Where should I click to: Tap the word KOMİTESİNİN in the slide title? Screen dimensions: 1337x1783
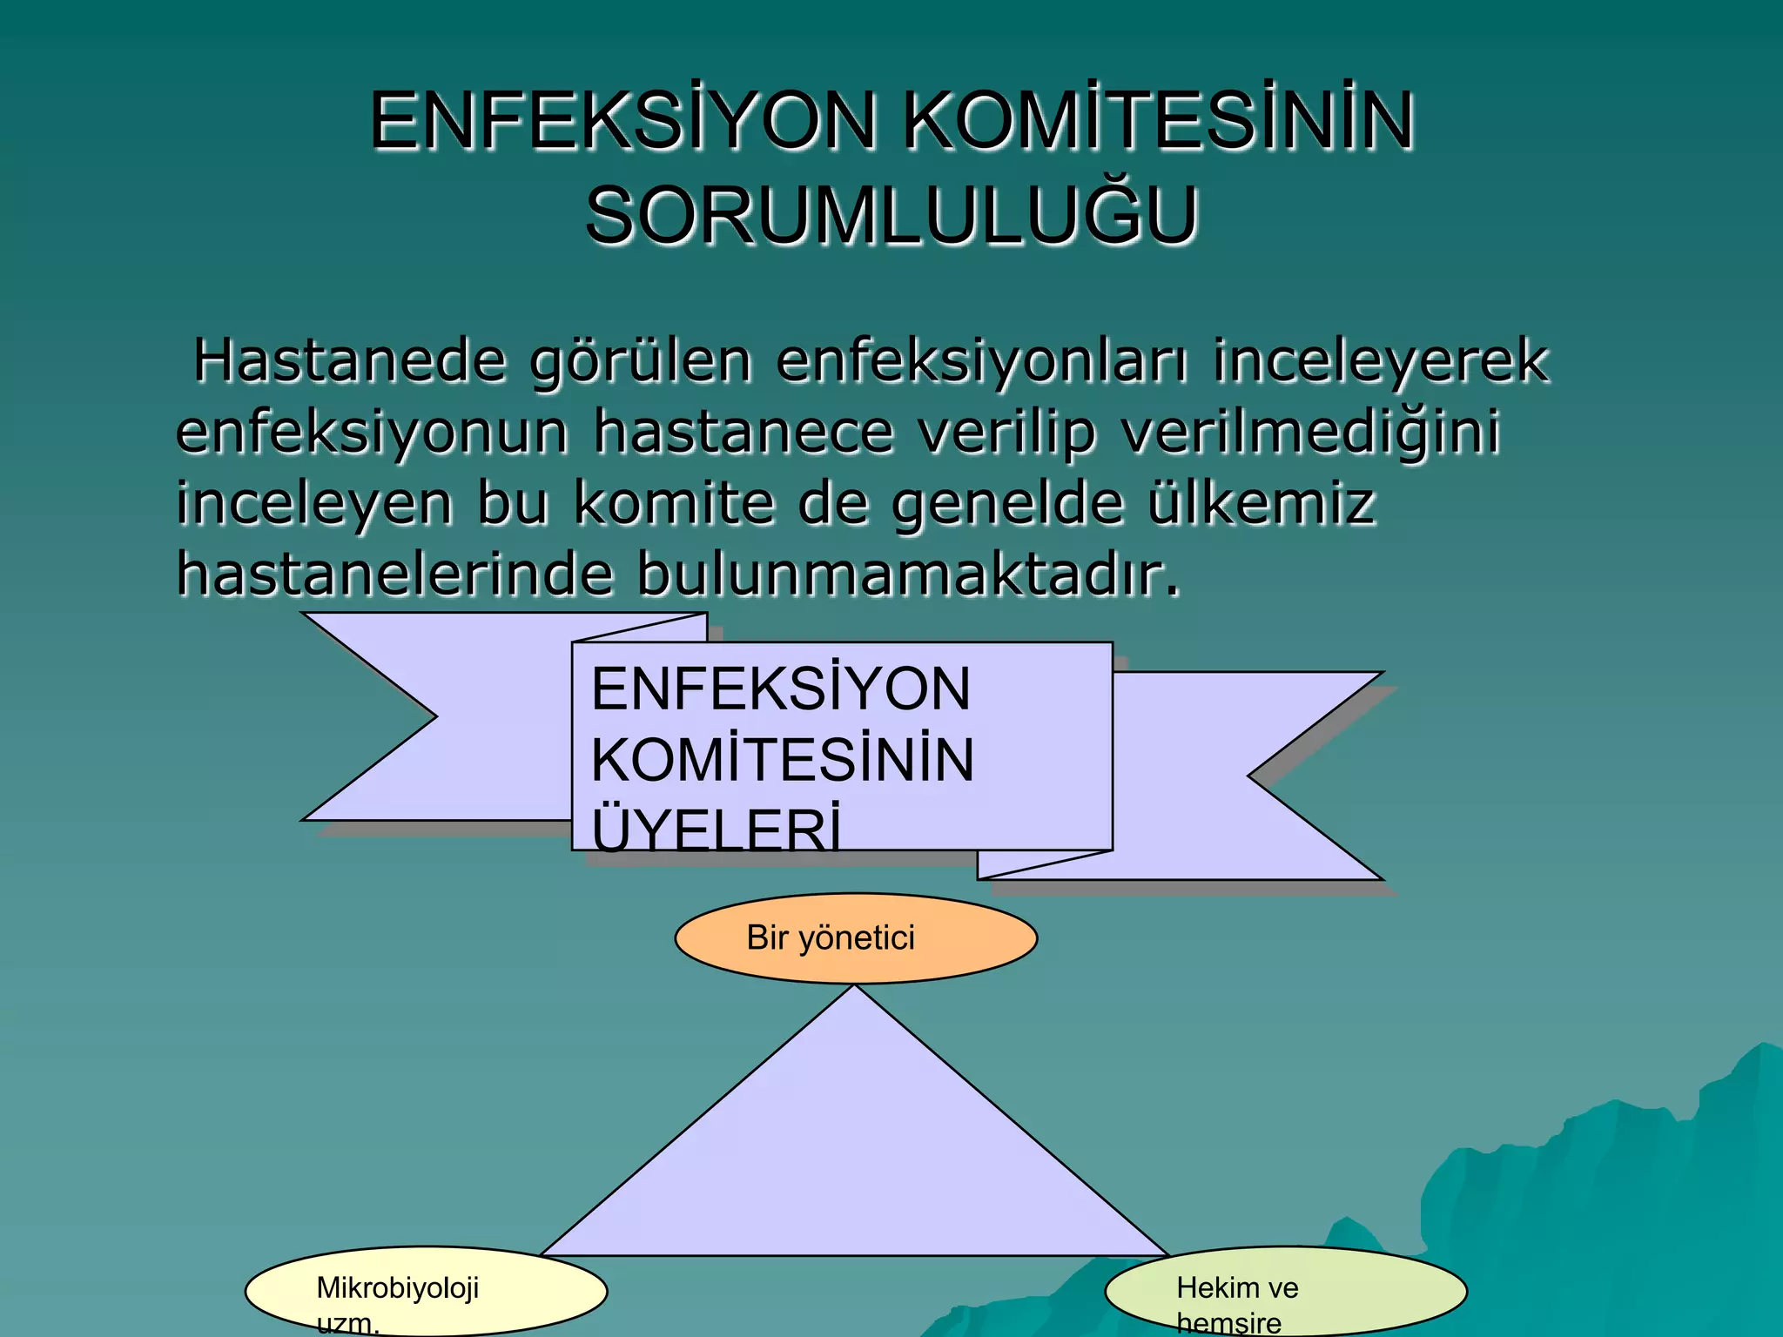[1158, 122]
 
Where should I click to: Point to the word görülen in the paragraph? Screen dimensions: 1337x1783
[641, 362]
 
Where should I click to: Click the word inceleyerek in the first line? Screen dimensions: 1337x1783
[1380, 360]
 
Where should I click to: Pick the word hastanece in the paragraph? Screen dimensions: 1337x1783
[743, 432]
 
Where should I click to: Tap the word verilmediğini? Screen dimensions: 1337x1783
[1310, 433]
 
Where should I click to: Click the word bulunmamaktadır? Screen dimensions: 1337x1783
[909, 574]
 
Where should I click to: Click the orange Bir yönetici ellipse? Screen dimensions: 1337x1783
[856, 938]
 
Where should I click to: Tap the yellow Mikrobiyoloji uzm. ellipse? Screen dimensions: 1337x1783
[426, 1292]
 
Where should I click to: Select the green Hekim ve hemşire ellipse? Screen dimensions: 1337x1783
[1286, 1292]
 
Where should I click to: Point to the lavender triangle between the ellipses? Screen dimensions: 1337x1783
[855, 1158]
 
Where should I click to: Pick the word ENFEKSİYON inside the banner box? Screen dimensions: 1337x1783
[780, 689]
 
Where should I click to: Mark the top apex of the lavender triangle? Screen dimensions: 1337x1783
[856, 989]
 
